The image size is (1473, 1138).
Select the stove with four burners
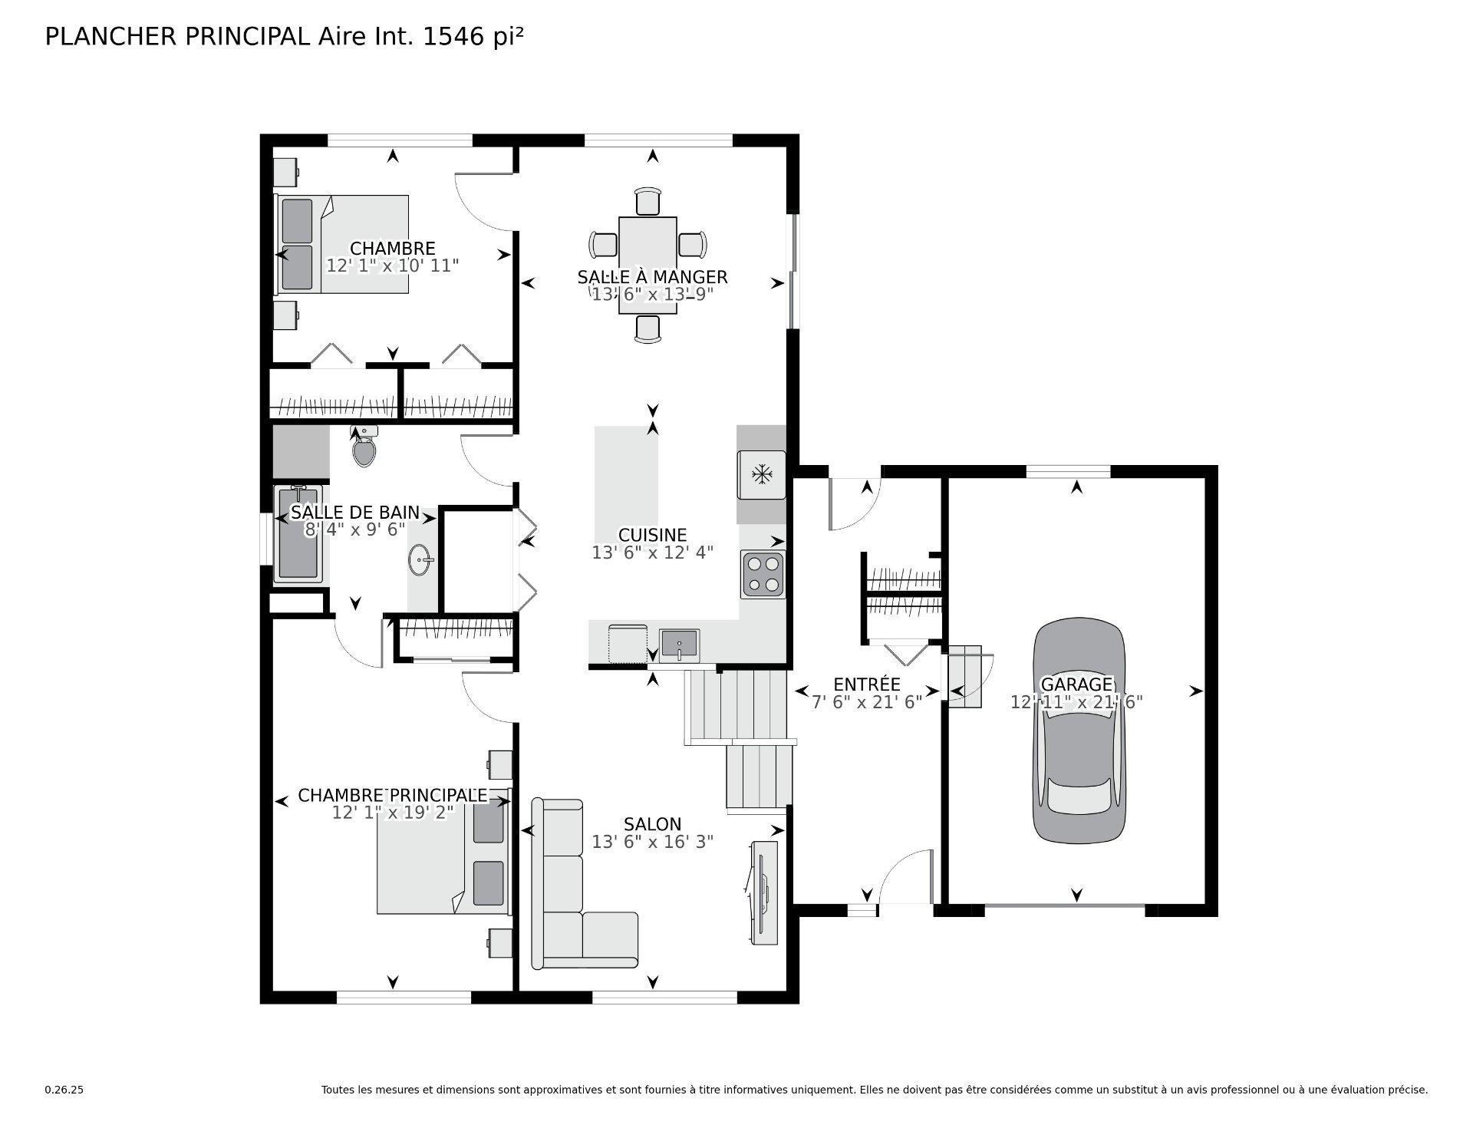(x=763, y=575)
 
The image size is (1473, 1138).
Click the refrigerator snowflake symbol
(x=761, y=475)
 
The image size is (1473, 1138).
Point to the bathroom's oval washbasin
(x=420, y=559)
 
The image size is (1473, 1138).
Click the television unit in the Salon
(x=764, y=894)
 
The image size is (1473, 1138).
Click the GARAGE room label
(x=1076, y=684)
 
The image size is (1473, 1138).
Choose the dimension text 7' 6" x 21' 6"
(x=867, y=701)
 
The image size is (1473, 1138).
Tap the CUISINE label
(x=652, y=535)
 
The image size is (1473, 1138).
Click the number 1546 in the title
(x=456, y=37)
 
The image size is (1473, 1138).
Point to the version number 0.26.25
(x=64, y=1090)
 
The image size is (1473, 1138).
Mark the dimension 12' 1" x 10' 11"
(x=393, y=266)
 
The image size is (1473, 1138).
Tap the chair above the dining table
(x=648, y=201)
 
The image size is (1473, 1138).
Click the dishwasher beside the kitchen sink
(x=628, y=644)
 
